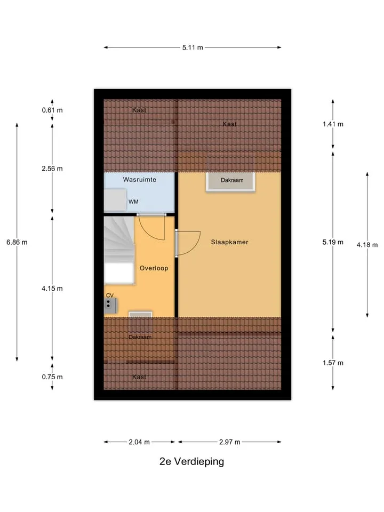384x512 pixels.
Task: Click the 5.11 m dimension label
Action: pyautogui.click(x=193, y=47)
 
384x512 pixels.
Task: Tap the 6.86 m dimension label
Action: pyautogui.click(x=17, y=242)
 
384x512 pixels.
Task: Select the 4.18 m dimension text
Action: pyautogui.click(x=367, y=245)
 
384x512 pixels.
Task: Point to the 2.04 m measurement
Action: pyautogui.click(x=139, y=442)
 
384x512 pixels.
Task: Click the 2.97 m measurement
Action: pyautogui.click(x=229, y=442)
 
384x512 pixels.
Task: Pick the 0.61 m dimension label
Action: pyautogui.click(x=52, y=110)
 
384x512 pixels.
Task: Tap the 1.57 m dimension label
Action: pyautogui.click(x=333, y=363)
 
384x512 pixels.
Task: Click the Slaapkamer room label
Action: pyautogui.click(x=229, y=242)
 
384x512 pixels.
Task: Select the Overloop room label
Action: pyautogui.click(x=154, y=268)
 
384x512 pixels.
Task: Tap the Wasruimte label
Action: pyautogui.click(x=139, y=180)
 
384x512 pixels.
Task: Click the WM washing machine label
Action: pyautogui.click(x=133, y=202)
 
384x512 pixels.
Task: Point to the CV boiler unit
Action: pyautogui.click(x=110, y=306)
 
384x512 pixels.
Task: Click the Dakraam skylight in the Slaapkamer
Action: pyautogui.click(x=230, y=181)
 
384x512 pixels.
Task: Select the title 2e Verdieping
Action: pyautogui.click(x=191, y=461)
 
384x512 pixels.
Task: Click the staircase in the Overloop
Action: pyautogui.click(x=119, y=250)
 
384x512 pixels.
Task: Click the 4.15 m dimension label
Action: pyautogui.click(x=52, y=289)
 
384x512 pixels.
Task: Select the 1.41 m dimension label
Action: pyautogui.click(x=333, y=124)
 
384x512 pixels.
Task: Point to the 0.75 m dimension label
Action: pyautogui.click(x=52, y=377)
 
